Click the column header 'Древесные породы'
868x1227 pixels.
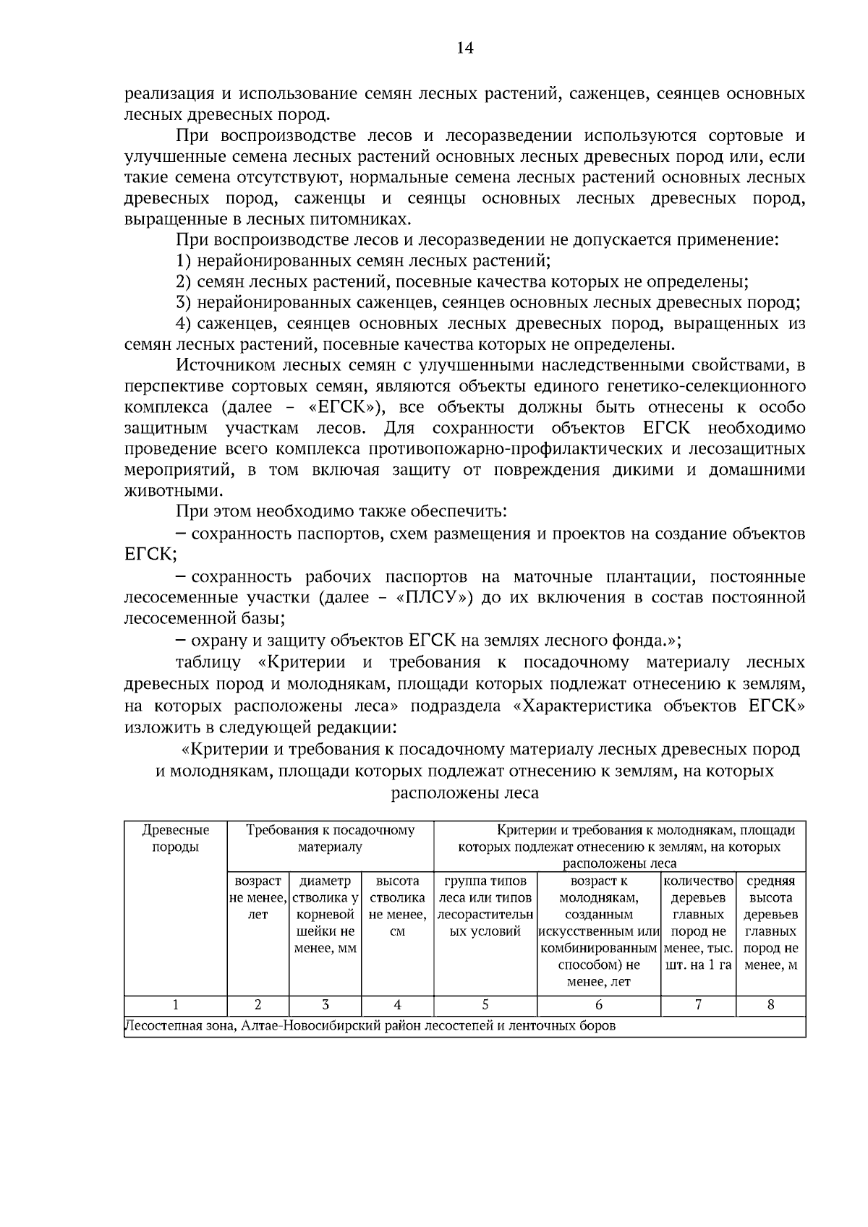(175, 838)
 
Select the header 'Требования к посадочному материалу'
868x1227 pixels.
(330, 838)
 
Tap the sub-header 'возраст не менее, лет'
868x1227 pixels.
(258, 897)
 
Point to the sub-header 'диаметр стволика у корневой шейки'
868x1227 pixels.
(325, 914)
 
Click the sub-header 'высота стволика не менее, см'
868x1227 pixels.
(397, 906)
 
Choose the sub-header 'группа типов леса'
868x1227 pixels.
(485, 906)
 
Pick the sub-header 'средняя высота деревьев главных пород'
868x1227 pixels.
(770, 923)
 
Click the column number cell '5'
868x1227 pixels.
(485, 1005)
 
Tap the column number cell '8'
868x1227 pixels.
(770, 1005)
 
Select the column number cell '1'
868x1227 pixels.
(175, 1005)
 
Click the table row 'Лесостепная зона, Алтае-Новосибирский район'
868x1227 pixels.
(370, 1026)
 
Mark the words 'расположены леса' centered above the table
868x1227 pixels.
(464, 793)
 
